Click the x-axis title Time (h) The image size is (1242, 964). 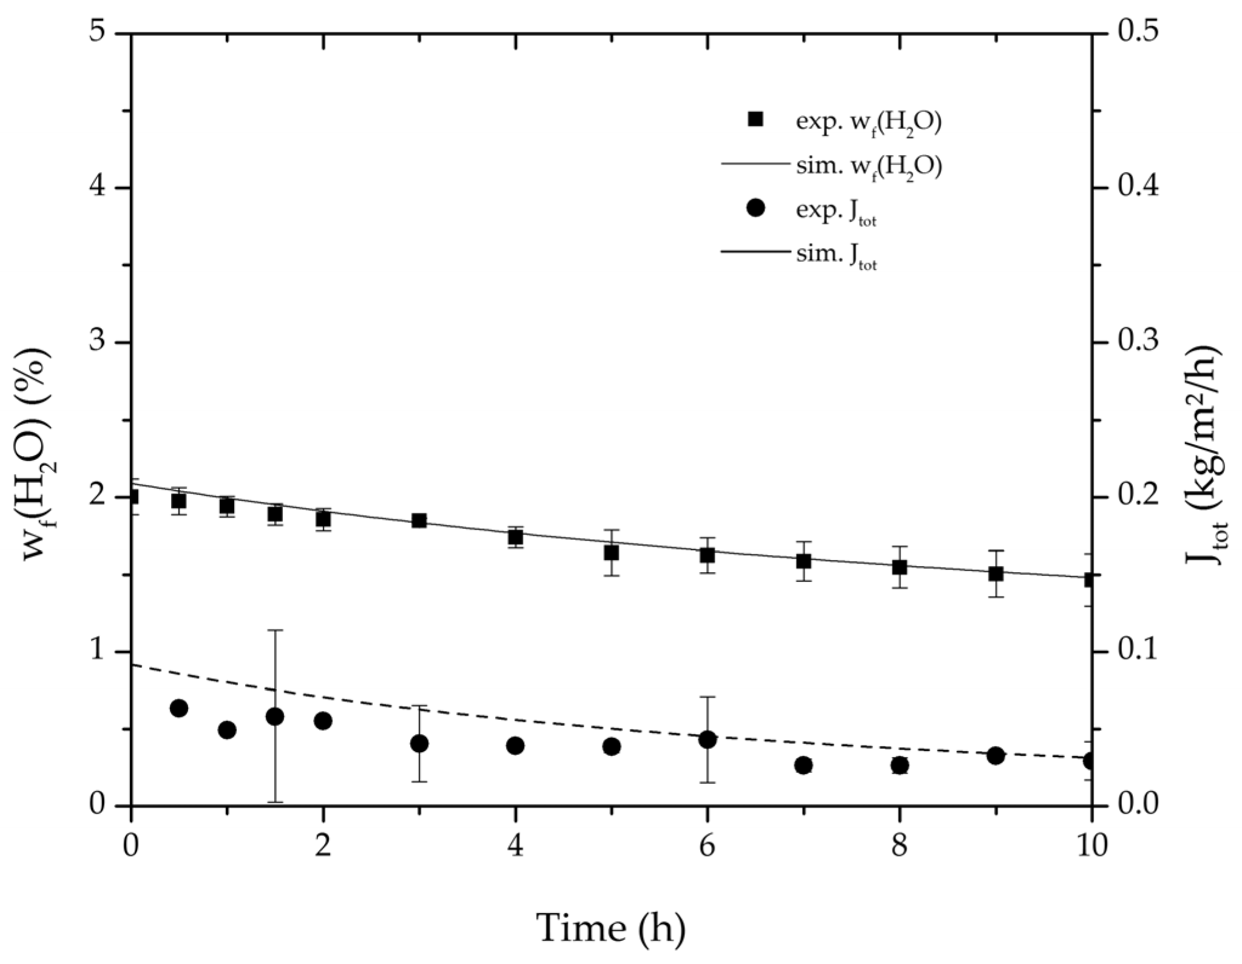611,928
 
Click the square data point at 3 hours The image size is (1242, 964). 419,521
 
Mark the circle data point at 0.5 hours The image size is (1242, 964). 178,708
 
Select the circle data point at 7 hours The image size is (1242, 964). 803,766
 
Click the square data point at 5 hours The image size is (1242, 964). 612,553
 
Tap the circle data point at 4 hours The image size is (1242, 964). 515,746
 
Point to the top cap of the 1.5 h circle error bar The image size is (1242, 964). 275,630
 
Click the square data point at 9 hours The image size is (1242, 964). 996,573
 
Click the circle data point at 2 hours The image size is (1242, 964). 323,721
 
